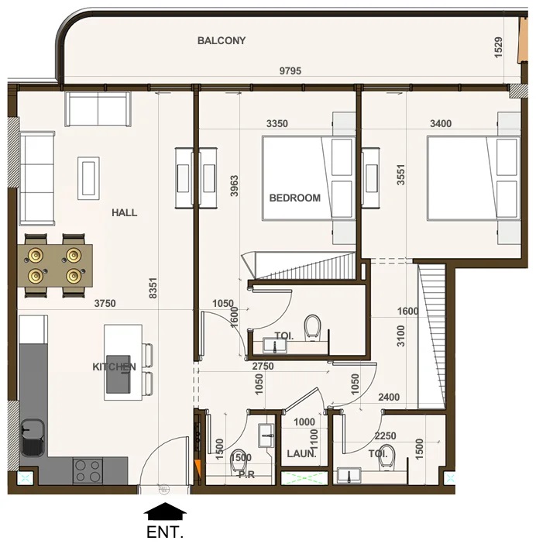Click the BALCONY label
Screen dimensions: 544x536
click(x=222, y=40)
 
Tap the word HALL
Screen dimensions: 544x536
click(x=124, y=212)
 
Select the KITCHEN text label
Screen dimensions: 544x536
click(x=115, y=367)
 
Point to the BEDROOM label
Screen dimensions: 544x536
click(x=294, y=198)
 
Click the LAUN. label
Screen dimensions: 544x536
click(x=301, y=454)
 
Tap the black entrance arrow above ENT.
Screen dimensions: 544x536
click(x=165, y=511)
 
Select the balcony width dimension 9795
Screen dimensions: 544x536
click(x=290, y=71)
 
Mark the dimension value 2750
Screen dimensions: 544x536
click(x=263, y=365)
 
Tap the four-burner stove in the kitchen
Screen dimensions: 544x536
click(x=89, y=470)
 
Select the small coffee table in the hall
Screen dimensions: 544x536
click(x=88, y=178)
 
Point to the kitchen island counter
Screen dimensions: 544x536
click(x=123, y=362)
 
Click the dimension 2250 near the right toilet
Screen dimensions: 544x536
click(x=386, y=436)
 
